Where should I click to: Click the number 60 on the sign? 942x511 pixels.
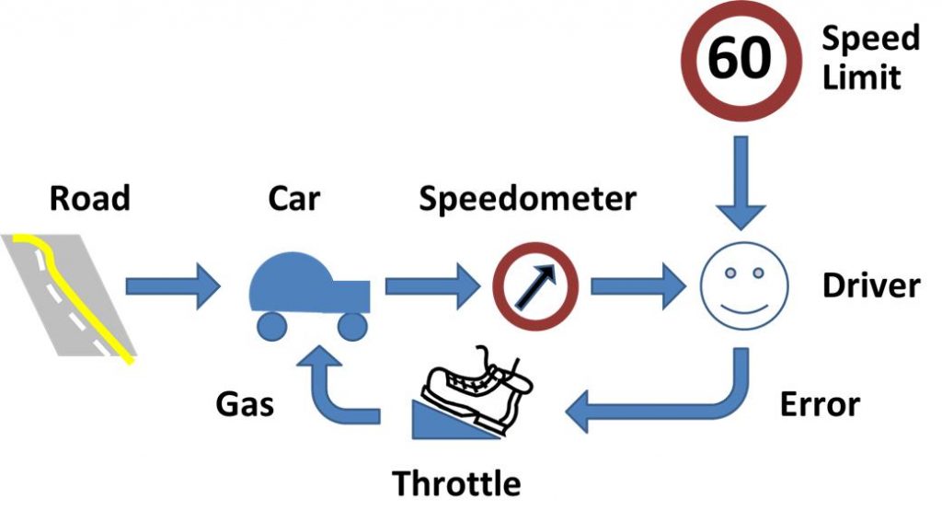(x=740, y=59)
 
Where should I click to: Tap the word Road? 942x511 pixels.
(x=90, y=198)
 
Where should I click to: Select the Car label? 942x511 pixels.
(x=294, y=198)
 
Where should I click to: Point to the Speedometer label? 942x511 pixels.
(x=527, y=198)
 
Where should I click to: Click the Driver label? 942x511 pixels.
(x=870, y=285)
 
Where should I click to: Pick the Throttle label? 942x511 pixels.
(x=456, y=482)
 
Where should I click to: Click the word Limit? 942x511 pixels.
(x=861, y=77)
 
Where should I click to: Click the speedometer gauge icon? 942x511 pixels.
(x=534, y=286)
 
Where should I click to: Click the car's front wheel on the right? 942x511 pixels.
(x=352, y=325)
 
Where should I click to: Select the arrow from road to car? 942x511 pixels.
(x=171, y=287)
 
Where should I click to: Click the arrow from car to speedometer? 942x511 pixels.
(x=429, y=287)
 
